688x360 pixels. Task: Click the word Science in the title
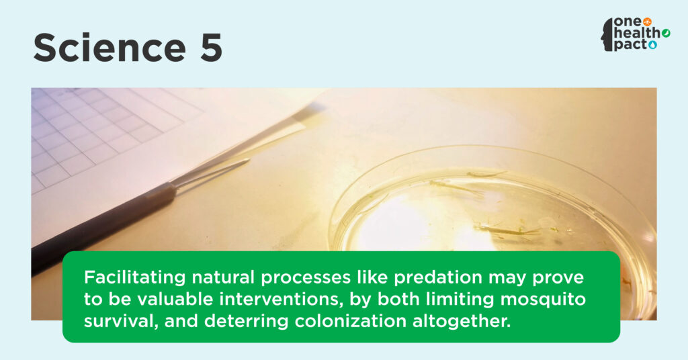[110, 48]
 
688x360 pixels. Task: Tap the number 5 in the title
[211, 48]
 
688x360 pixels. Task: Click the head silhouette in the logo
[607, 35]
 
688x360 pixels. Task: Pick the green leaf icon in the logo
[666, 33]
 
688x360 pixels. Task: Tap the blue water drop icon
[653, 44]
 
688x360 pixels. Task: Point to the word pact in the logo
[630, 45]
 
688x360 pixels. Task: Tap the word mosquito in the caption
[543, 300]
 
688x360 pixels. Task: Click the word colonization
[351, 321]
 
